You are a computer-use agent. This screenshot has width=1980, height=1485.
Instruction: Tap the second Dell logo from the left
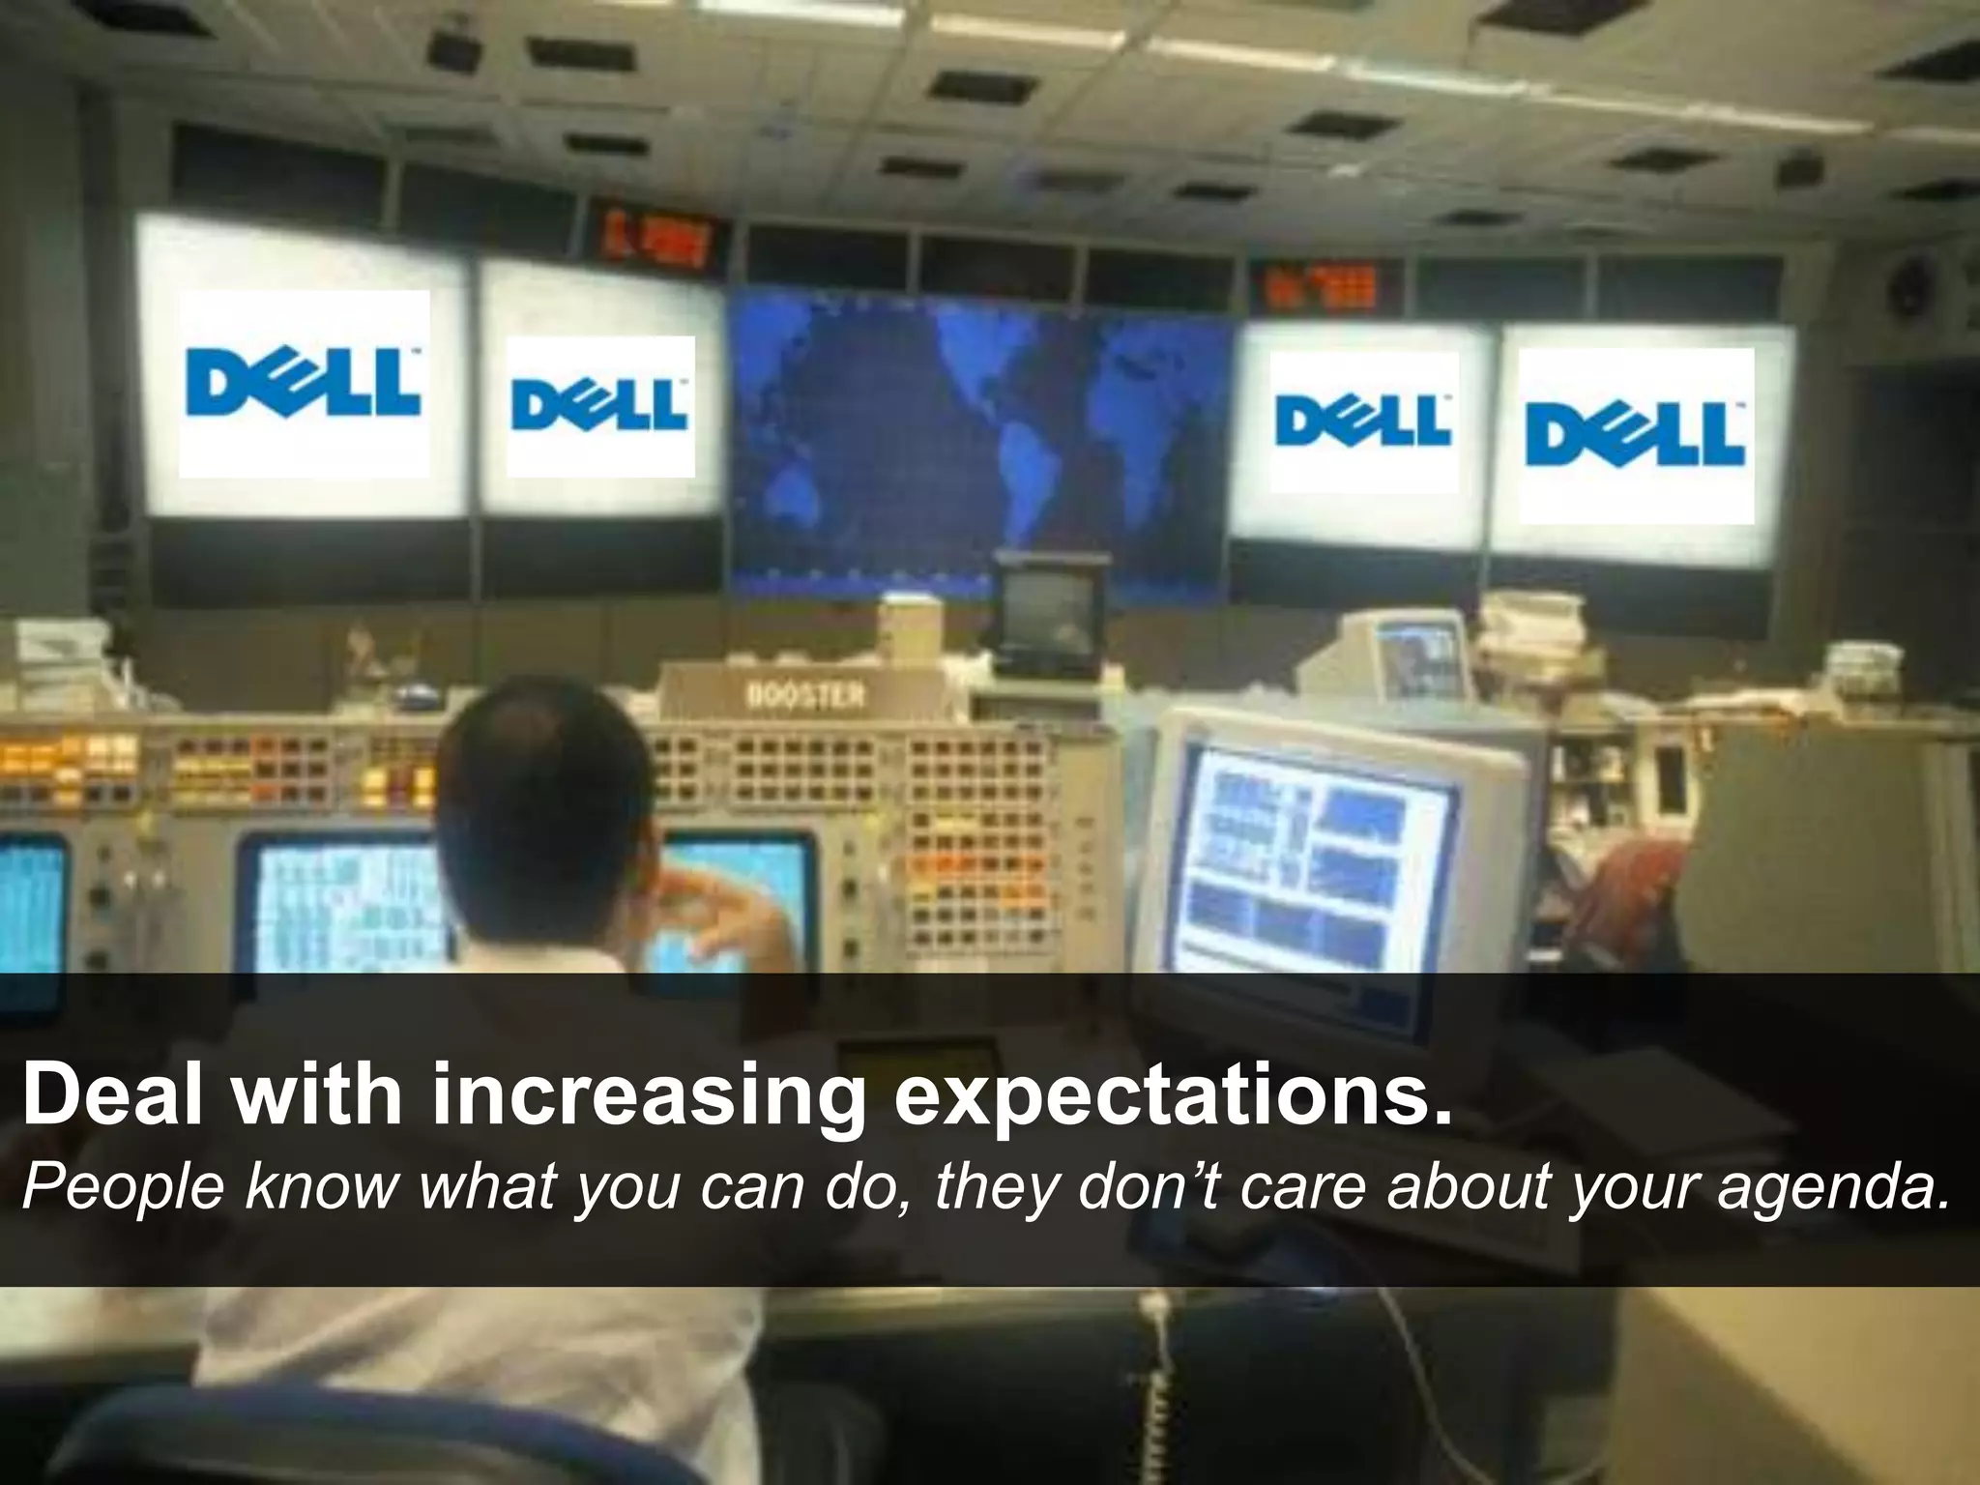tap(599, 406)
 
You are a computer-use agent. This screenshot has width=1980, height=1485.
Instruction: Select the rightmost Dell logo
tap(1636, 435)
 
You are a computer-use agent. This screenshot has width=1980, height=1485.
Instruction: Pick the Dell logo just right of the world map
tap(1363, 422)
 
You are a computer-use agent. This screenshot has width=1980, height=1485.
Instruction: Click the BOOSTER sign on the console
tap(806, 695)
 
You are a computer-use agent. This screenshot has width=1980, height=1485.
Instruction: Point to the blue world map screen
tap(976, 435)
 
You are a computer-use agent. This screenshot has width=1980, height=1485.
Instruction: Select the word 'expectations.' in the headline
tap(1172, 1094)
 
